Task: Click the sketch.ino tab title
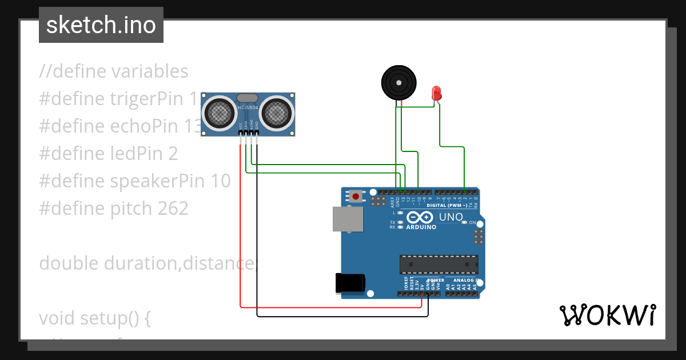pos(101,25)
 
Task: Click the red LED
pos(436,93)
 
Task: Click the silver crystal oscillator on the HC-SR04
pos(248,99)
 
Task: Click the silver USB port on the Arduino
pos(348,219)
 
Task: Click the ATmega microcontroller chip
pos(438,265)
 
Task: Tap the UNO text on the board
pos(450,217)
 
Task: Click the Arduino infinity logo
pos(421,218)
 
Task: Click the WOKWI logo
pos(607,315)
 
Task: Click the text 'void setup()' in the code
pos(94,318)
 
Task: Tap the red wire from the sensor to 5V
pos(240,229)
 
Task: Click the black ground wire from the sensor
pos(257,229)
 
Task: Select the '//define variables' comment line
pos(113,71)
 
